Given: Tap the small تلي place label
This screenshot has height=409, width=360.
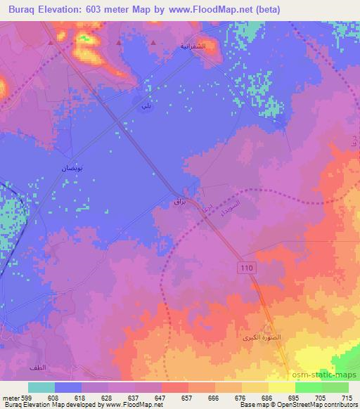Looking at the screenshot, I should click(x=146, y=105).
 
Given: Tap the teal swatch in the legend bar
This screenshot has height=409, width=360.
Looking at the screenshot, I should click(x=41, y=387).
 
